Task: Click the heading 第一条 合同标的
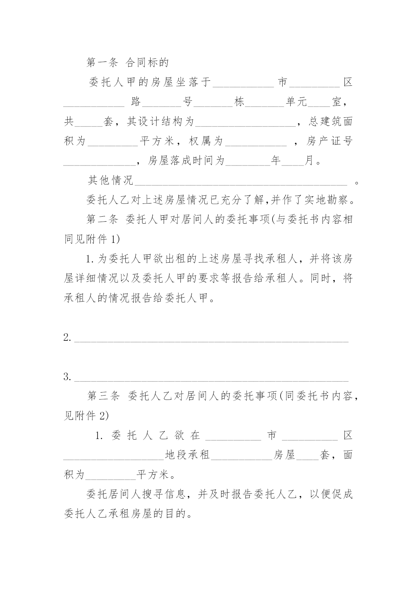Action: click(127, 62)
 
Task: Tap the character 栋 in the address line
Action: click(239, 102)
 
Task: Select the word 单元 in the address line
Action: click(296, 102)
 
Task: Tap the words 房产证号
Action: click(329, 141)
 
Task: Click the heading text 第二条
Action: click(102, 220)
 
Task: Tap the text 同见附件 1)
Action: click(92, 239)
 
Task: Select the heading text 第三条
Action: click(103, 396)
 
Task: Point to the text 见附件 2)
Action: click(86, 416)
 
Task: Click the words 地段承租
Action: click(187, 455)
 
